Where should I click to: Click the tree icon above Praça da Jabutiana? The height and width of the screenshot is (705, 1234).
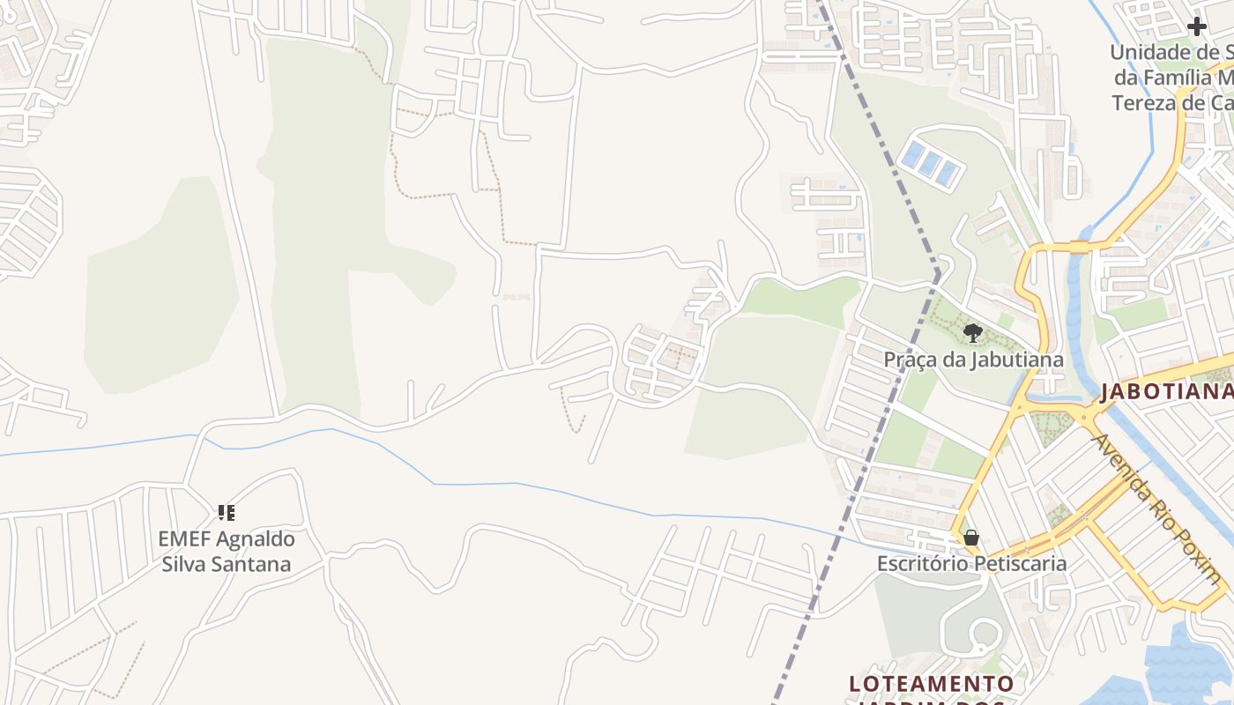973,333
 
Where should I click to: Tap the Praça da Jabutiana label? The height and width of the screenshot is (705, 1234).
973,360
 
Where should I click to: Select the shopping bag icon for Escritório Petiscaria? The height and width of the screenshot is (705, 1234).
971,538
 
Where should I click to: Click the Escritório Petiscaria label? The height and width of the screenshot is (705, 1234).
971,563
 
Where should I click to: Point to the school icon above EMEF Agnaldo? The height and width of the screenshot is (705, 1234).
227,512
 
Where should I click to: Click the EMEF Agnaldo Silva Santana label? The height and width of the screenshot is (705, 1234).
227,551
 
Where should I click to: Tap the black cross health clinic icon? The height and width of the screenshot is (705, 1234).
1196,26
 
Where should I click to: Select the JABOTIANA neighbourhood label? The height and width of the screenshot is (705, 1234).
1165,391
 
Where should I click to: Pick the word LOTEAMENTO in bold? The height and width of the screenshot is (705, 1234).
932,684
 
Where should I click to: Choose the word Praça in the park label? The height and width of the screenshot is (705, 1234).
907,360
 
